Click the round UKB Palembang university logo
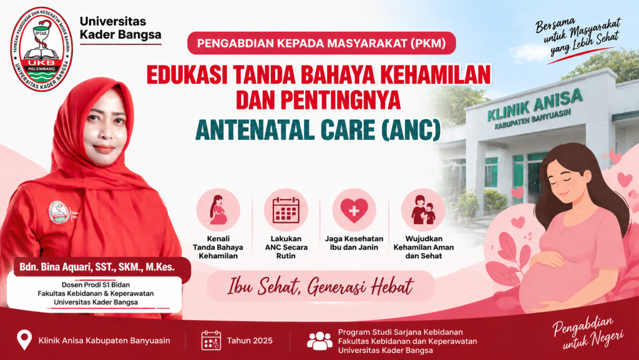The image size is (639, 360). (x=41, y=49)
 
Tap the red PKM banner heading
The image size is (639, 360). (x=321, y=43)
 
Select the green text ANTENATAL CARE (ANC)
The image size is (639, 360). (x=318, y=130)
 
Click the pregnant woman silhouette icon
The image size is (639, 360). (x=218, y=210)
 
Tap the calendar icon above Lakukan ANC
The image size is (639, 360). (x=286, y=210)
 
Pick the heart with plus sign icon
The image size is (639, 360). (x=354, y=210)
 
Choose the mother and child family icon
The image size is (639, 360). (x=423, y=210)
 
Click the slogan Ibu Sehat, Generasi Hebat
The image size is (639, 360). (x=321, y=286)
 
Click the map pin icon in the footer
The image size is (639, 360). (x=24, y=339)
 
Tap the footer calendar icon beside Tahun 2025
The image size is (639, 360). (x=211, y=341)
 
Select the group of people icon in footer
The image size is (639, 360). (x=319, y=341)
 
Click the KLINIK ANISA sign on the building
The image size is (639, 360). (x=534, y=109)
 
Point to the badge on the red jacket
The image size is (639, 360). (x=59, y=213)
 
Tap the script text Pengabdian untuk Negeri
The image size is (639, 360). (x=588, y=333)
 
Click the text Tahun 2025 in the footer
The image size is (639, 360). (x=250, y=341)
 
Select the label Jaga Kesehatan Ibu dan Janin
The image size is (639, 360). (x=354, y=243)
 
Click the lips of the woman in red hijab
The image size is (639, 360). (x=104, y=149)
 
